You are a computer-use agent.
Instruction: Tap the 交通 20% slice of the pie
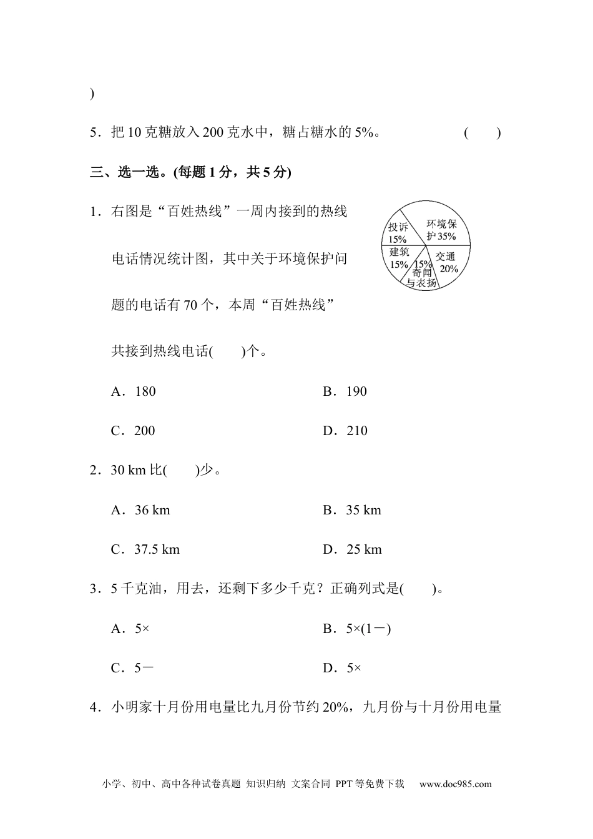click(x=447, y=263)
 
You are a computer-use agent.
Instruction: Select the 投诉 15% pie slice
click(x=398, y=232)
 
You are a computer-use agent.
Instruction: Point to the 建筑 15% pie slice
click(x=399, y=258)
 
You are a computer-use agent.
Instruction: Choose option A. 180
click(x=134, y=391)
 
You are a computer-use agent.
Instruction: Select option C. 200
click(x=134, y=431)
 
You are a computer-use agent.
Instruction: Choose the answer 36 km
click(x=141, y=510)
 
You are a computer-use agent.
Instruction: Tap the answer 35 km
click(x=352, y=510)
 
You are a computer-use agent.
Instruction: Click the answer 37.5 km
click(x=145, y=549)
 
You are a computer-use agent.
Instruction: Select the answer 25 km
click(x=353, y=549)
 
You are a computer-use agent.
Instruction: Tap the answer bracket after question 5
click(x=482, y=132)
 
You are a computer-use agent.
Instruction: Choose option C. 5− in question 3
click(x=133, y=668)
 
